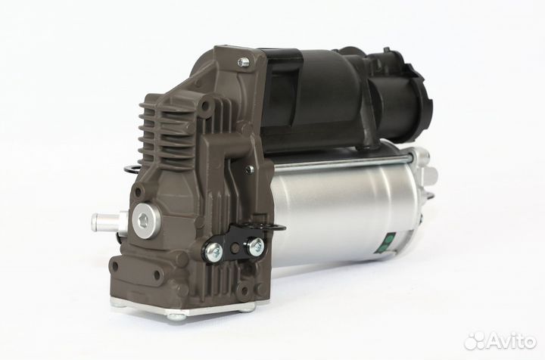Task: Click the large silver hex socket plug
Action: [x=145, y=220]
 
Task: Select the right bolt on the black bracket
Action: [x=257, y=245]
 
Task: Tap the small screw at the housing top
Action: [x=242, y=62]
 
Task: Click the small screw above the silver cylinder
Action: [x=249, y=169]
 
